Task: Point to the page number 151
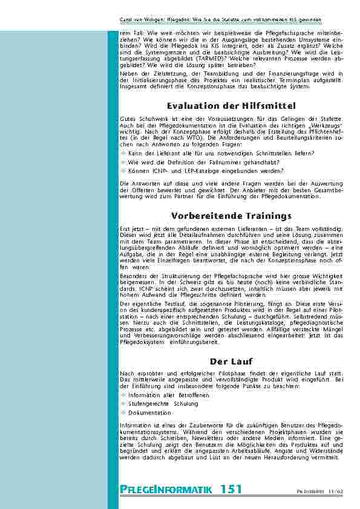coord(232,488)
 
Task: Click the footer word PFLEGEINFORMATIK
coord(166,489)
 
